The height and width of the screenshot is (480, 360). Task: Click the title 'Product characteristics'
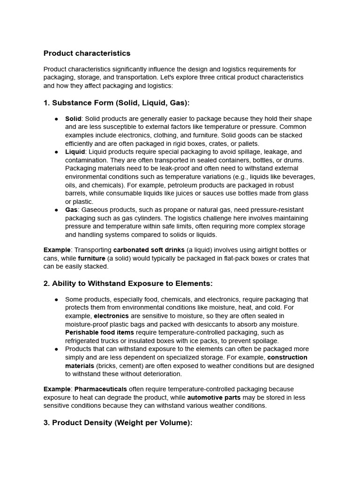click(x=87, y=53)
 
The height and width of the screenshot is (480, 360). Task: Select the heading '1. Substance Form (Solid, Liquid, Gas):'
click(x=116, y=103)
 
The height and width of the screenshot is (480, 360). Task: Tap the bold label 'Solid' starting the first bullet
click(x=73, y=119)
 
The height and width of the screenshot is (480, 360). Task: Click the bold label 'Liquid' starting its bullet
click(x=75, y=152)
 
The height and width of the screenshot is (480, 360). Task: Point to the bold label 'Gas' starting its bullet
click(x=71, y=210)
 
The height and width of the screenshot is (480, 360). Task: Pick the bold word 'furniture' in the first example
click(x=92, y=258)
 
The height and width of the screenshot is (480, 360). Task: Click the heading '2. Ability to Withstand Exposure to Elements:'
click(x=128, y=283)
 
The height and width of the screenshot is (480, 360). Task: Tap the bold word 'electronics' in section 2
click(x=111, y=316)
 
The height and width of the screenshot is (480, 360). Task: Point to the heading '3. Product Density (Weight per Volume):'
click(x=118, y=422)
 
